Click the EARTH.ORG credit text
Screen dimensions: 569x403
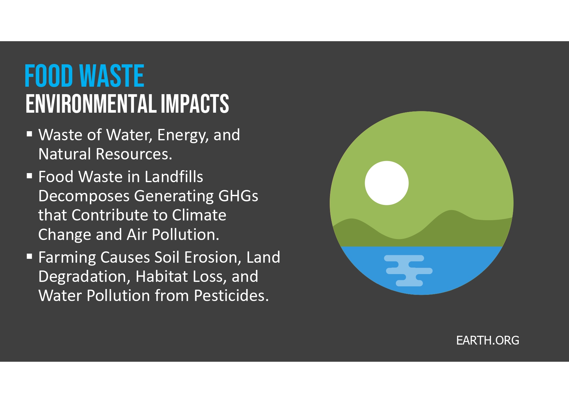pyautogui.click(x=488, y=340)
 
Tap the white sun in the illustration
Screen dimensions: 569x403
pyautogui.click(x=387, y=183)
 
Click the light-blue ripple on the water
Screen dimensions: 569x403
pyautogui.click(x=408, y=271)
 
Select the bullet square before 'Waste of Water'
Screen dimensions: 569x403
pyautogui.click(x=30, y=133)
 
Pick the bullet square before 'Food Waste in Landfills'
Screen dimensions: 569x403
pyautogui.click(x=30, y=176)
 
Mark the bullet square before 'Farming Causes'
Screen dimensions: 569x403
pyautogui.click(x=30, y=256)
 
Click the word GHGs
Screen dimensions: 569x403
pyautogui.click(x=238, y=196)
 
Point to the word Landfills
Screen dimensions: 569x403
pyautogui.click(x=174, y=177)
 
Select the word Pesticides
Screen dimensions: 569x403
pyautogui.click(x=231, y=296)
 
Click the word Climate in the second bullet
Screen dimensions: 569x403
pyautogui.click(x=199, y=215)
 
